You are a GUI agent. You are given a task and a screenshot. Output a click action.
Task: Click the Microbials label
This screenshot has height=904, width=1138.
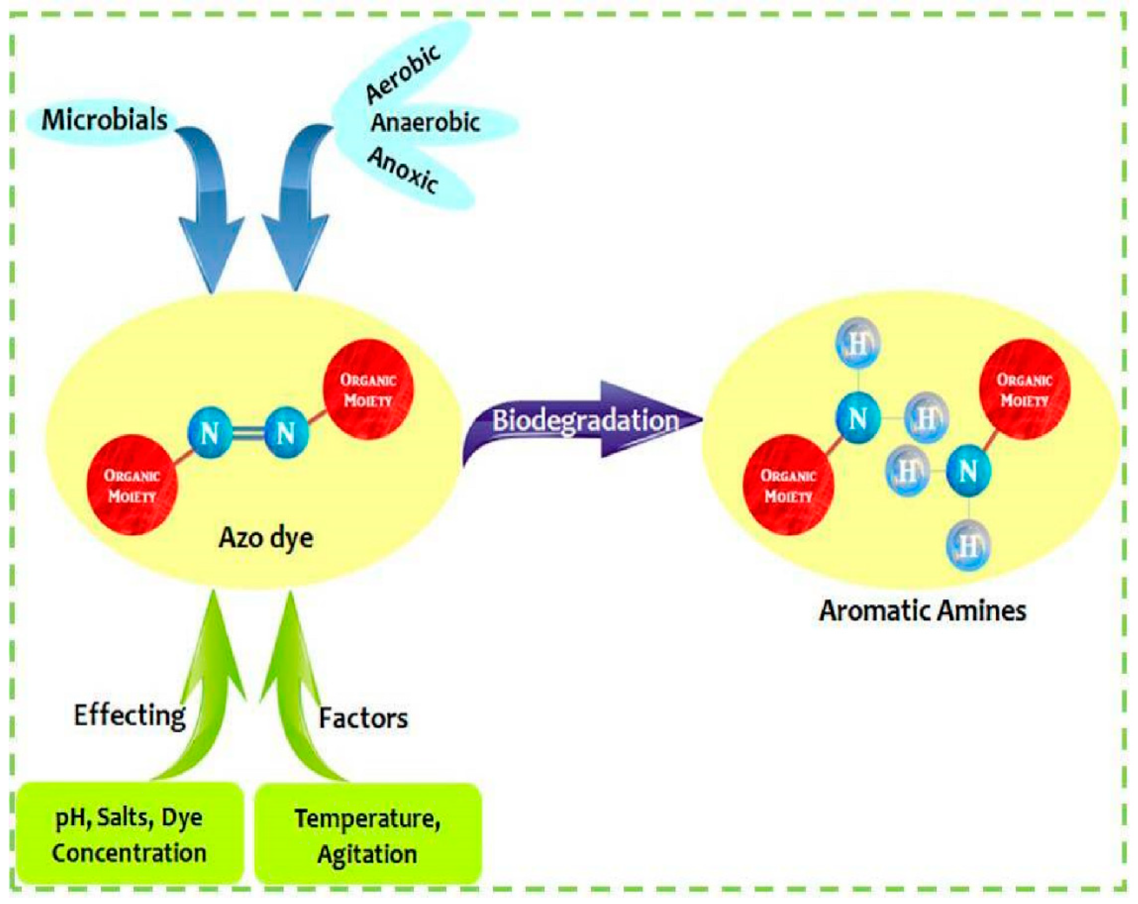104,120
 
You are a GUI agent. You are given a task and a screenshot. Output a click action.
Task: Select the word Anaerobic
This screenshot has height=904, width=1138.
425,123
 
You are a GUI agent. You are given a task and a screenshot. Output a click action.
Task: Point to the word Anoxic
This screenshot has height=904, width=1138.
403,170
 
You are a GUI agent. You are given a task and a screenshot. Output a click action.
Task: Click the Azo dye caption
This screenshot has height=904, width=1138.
266,538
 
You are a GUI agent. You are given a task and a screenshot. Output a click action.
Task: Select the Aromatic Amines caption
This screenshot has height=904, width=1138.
922,611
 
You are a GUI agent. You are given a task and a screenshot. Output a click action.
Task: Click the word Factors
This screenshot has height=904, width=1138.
363,718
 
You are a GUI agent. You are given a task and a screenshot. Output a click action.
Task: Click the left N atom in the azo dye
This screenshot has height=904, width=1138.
210,433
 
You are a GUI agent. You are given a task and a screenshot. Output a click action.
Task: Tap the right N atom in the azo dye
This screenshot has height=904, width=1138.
286,433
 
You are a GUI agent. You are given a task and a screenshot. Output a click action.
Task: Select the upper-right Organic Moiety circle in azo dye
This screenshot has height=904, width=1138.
368,389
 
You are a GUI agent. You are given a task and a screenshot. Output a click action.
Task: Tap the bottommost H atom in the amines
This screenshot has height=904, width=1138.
967,545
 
